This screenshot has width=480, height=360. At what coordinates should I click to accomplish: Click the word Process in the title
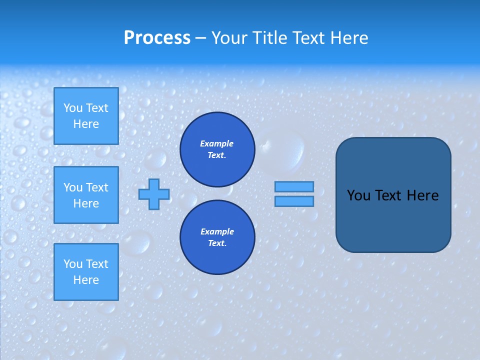157,38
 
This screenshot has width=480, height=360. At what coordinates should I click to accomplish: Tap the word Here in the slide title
349,38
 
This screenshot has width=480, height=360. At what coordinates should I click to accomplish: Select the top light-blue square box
86,116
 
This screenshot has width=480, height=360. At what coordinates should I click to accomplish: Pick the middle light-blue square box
86,195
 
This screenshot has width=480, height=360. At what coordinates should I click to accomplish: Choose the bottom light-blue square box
86,272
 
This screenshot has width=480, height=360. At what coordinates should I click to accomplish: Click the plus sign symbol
154,194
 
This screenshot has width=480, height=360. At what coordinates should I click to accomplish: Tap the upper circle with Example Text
217,149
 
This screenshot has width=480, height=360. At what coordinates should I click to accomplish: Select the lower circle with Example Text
217,237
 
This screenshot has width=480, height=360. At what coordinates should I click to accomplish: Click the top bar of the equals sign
294,186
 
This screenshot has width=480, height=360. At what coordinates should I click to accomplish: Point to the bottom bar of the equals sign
294,201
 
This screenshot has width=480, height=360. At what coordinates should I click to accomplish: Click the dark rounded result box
393,220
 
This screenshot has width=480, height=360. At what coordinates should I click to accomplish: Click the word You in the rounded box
358,195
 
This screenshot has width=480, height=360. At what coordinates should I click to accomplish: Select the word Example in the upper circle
217,143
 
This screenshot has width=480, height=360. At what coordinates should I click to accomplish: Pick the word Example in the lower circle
217,231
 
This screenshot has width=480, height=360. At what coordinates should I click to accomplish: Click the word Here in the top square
86,124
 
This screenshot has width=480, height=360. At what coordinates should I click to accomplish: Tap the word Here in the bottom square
86,280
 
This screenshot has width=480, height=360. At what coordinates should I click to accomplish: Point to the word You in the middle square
73,187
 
